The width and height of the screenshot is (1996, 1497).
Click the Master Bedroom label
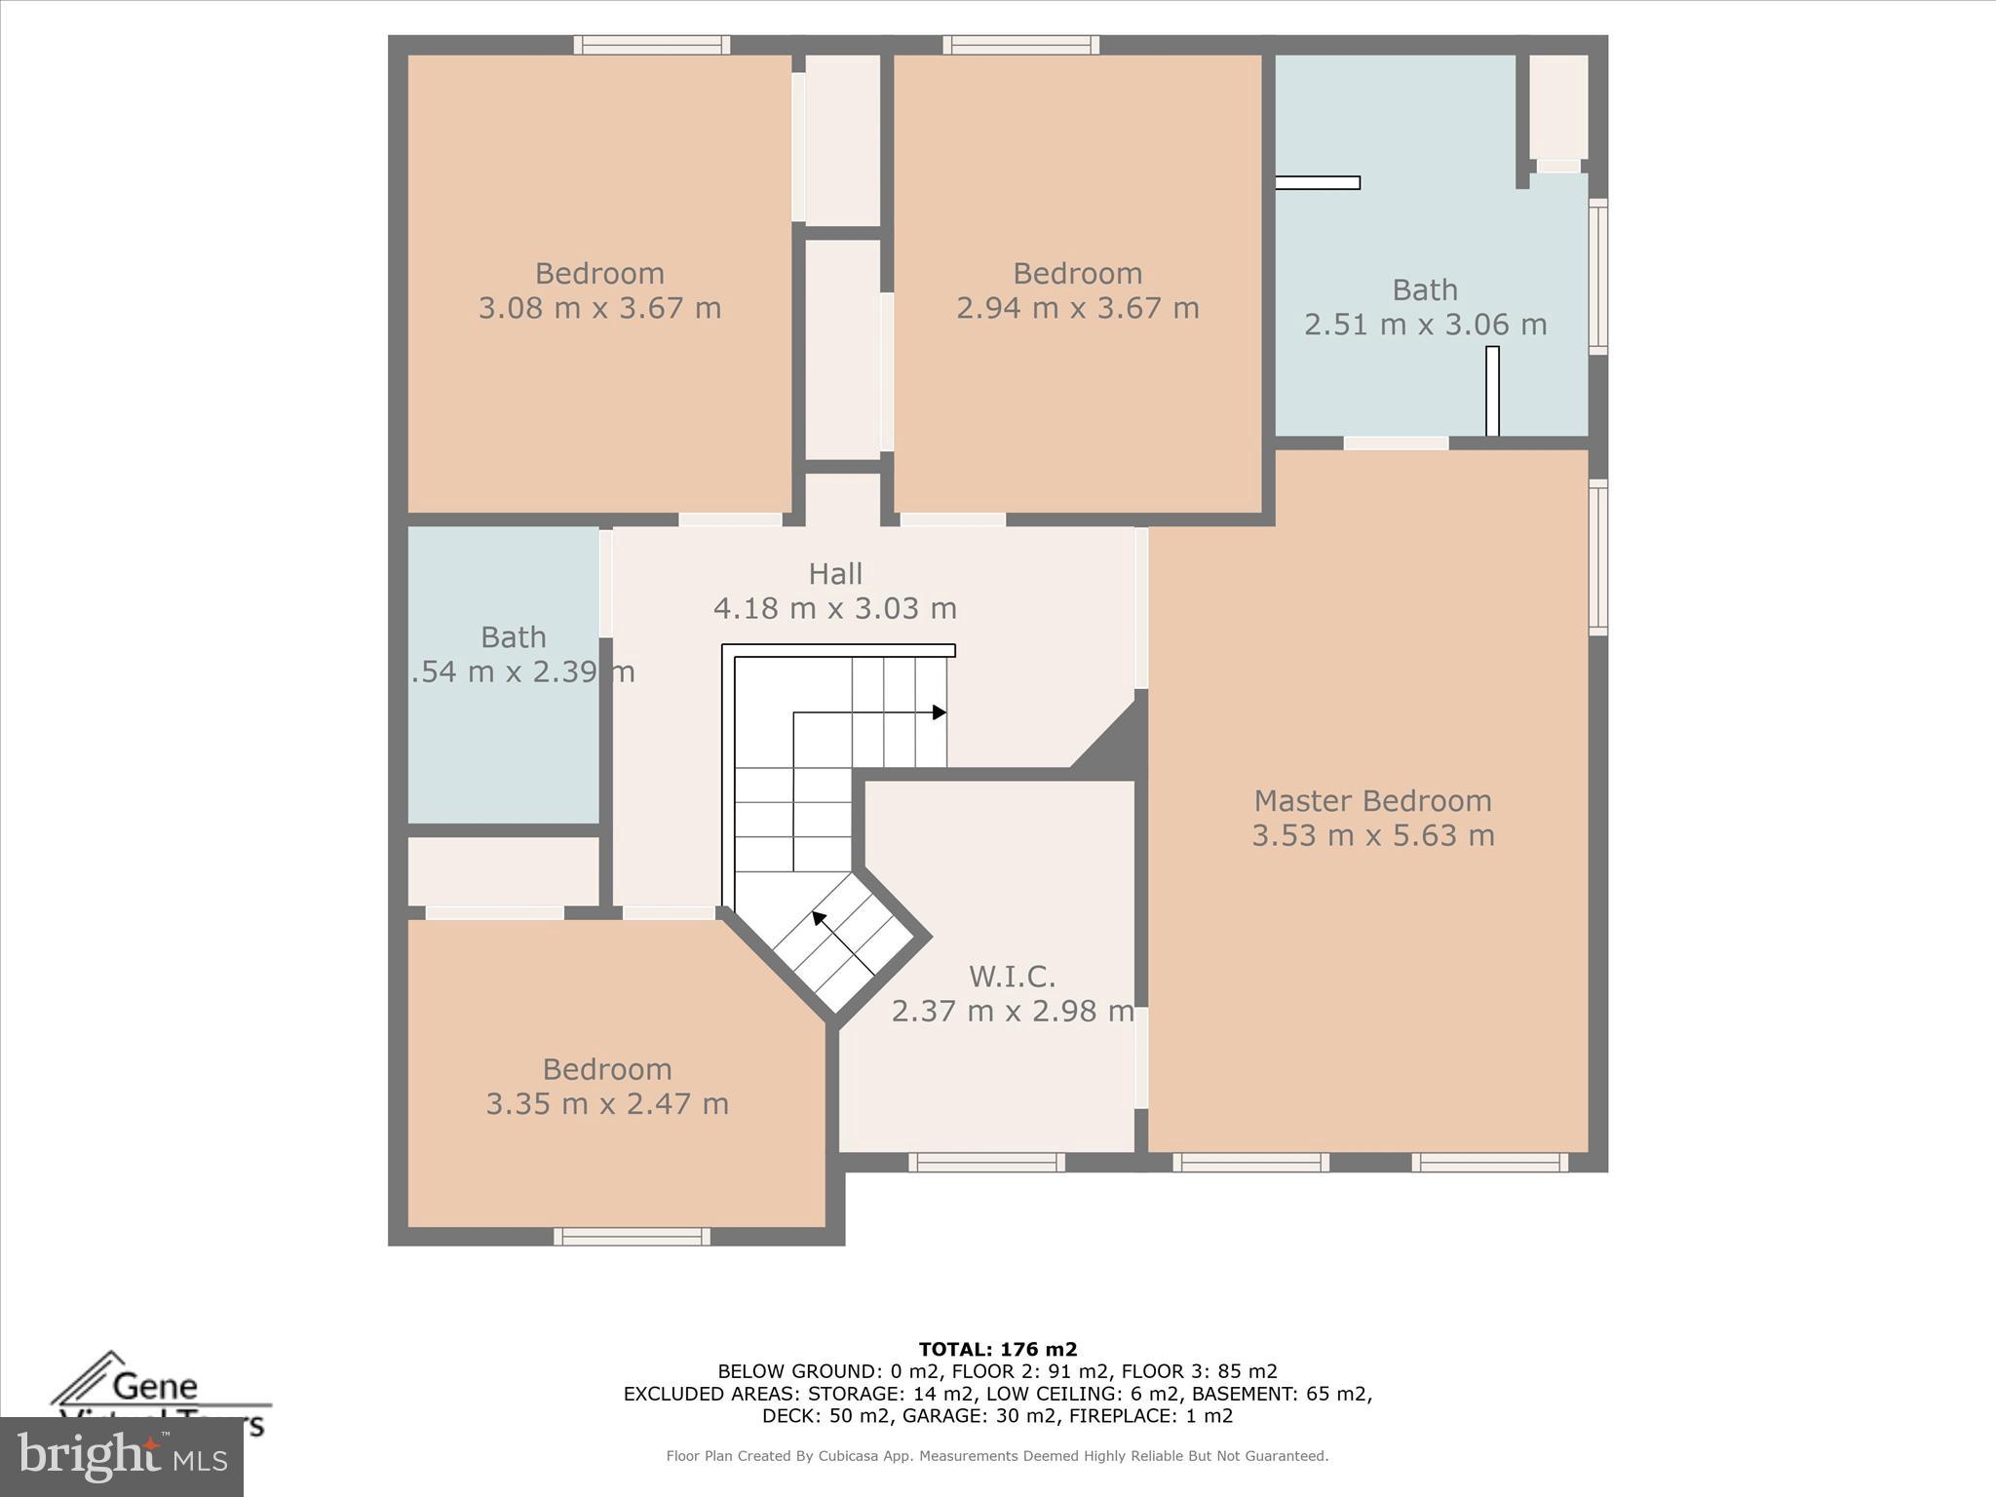pyautogui.click(x=1372, y=801)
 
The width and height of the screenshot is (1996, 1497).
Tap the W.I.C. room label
pyautogui.click(x=1012, y=976)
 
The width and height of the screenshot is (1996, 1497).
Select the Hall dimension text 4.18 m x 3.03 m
pyautogui.click(x=834, y=608)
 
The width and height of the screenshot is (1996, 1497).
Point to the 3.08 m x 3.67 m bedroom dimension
pyautogui.click(x=599, y=308)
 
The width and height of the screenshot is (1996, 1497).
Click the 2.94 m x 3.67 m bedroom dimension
pyautogui.click(x=1077, y=308)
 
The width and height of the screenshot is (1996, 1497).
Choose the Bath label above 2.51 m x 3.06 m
pyautogui.click(x=1424, y=289)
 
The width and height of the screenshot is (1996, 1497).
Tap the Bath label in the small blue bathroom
pyautogui.click(x=513, y=637)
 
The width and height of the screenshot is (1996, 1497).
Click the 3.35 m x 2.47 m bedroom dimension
pyautogui.click(x=607, y=1104)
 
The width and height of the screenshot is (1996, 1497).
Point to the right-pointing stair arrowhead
pyautogui.click(x=940, y=712)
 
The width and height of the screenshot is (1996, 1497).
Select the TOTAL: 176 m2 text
pyautogui.click(x=997, y=1350)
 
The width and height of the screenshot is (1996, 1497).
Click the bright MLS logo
pyautogui.click(x=121, y=1456)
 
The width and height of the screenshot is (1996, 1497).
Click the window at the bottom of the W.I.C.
pyautogui.click(x=986, y=1162)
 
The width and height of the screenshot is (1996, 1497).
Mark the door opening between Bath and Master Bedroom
pyautogui.click(x=1396, y=443)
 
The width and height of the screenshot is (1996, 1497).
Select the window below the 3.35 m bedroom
pyautogui.click(x=632, y=1237)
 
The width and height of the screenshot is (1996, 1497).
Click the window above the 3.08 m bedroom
pyautogui.click(x=651, y=45)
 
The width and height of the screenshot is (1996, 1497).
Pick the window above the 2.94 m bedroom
pyautogui.click(x=1020, y=45)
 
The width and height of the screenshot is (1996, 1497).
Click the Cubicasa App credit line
pyautogui.click(x=997, y=1456)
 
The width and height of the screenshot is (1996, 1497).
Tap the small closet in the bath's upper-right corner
pyautogui.click(x=1557, y=107)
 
